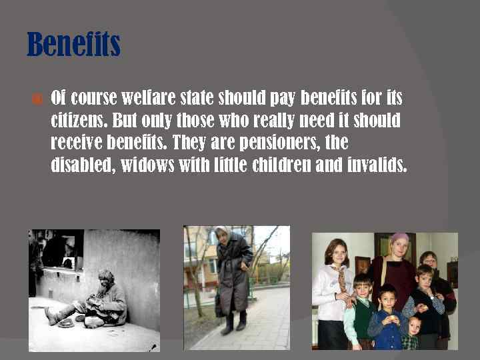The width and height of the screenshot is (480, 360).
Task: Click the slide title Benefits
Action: [73, 45]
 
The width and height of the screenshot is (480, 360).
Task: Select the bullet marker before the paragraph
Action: [37, 99]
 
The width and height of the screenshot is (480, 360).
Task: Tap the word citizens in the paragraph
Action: [79, 121]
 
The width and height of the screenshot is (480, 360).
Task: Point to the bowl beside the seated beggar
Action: [66, 323]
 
